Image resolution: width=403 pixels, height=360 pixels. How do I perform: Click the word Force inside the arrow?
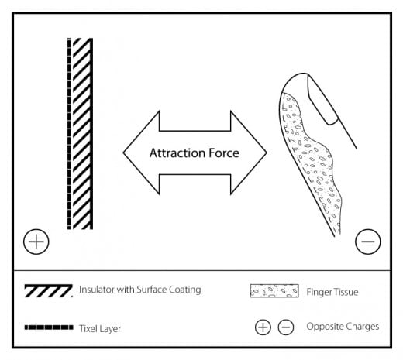[x=224, y=153]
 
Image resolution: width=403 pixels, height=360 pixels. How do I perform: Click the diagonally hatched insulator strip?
[x=83, y=134]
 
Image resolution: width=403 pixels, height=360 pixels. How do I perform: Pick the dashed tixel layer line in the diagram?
[x=69, y=134]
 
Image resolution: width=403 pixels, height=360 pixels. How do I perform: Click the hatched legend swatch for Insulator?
[x=48, y=291]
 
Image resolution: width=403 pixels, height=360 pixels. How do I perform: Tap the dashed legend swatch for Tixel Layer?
[x=49, y=327]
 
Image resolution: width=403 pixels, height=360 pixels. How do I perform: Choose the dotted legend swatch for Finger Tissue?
[x=274, y=291]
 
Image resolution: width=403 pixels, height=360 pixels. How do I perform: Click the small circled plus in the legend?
[x=263, y=327]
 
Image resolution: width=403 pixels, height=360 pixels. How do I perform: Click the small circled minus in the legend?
[x=286, y=327]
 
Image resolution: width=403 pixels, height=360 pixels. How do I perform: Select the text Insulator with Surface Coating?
[x=140, y=290]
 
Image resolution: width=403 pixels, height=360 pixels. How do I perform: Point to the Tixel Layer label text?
[x=100, y=329]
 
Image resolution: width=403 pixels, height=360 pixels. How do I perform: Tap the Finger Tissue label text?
[x=332, y=292]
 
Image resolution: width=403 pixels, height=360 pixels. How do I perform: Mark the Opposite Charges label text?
[x=343, y=327]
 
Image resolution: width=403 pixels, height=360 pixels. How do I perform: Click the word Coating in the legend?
[x=184, y=290]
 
